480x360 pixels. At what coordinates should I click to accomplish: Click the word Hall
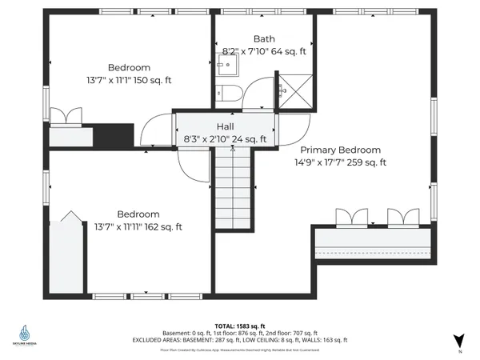point(225,126)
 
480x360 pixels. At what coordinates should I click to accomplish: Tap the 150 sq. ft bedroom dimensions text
point(140,81)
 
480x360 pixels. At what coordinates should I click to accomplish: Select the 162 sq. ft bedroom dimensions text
point(138,227)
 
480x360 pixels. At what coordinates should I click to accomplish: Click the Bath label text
point(265,38)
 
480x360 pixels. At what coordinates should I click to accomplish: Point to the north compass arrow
point(458,340)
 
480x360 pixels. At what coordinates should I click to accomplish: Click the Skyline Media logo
point(26,334)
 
